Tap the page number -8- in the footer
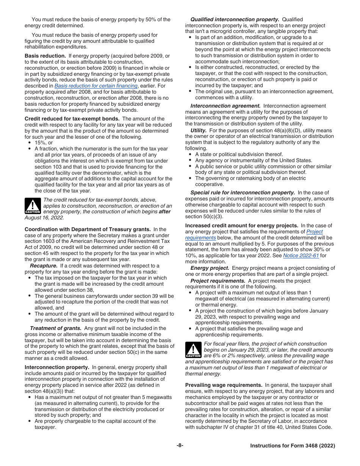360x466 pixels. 180,446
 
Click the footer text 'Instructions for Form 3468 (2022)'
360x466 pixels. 293,446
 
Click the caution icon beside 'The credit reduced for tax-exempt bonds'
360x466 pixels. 33,206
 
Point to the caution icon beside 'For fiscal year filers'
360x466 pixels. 193,350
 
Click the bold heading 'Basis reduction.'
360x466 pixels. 45,56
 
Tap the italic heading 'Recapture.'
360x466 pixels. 44,266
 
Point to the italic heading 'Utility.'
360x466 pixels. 199,130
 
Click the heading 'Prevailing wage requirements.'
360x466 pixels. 224,385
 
